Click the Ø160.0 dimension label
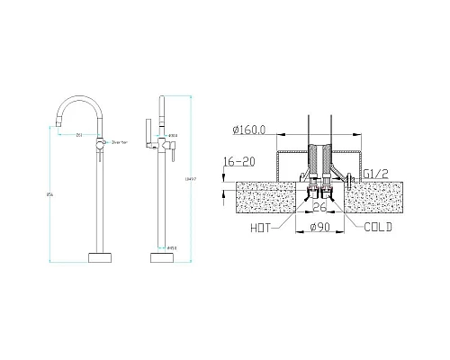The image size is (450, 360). pyautogui.click(x=247, y=130)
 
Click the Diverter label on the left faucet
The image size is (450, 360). pyautogui.click(x=120, y=142)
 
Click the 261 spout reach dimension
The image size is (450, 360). pyautogui.click(x=80, y=135)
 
